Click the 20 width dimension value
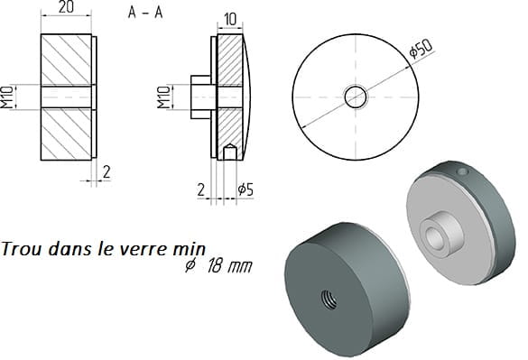pos(66,7)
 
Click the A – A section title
pos(145,13)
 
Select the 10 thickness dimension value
pos(230,20)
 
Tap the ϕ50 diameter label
pos(421,49)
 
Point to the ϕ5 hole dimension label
pos(245,189)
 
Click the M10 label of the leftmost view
pos(6,97)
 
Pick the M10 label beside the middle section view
pos(164,97)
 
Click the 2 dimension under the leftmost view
pos(107,172)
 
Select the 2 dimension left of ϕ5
pos(200,190)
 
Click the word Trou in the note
pos(22,249)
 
